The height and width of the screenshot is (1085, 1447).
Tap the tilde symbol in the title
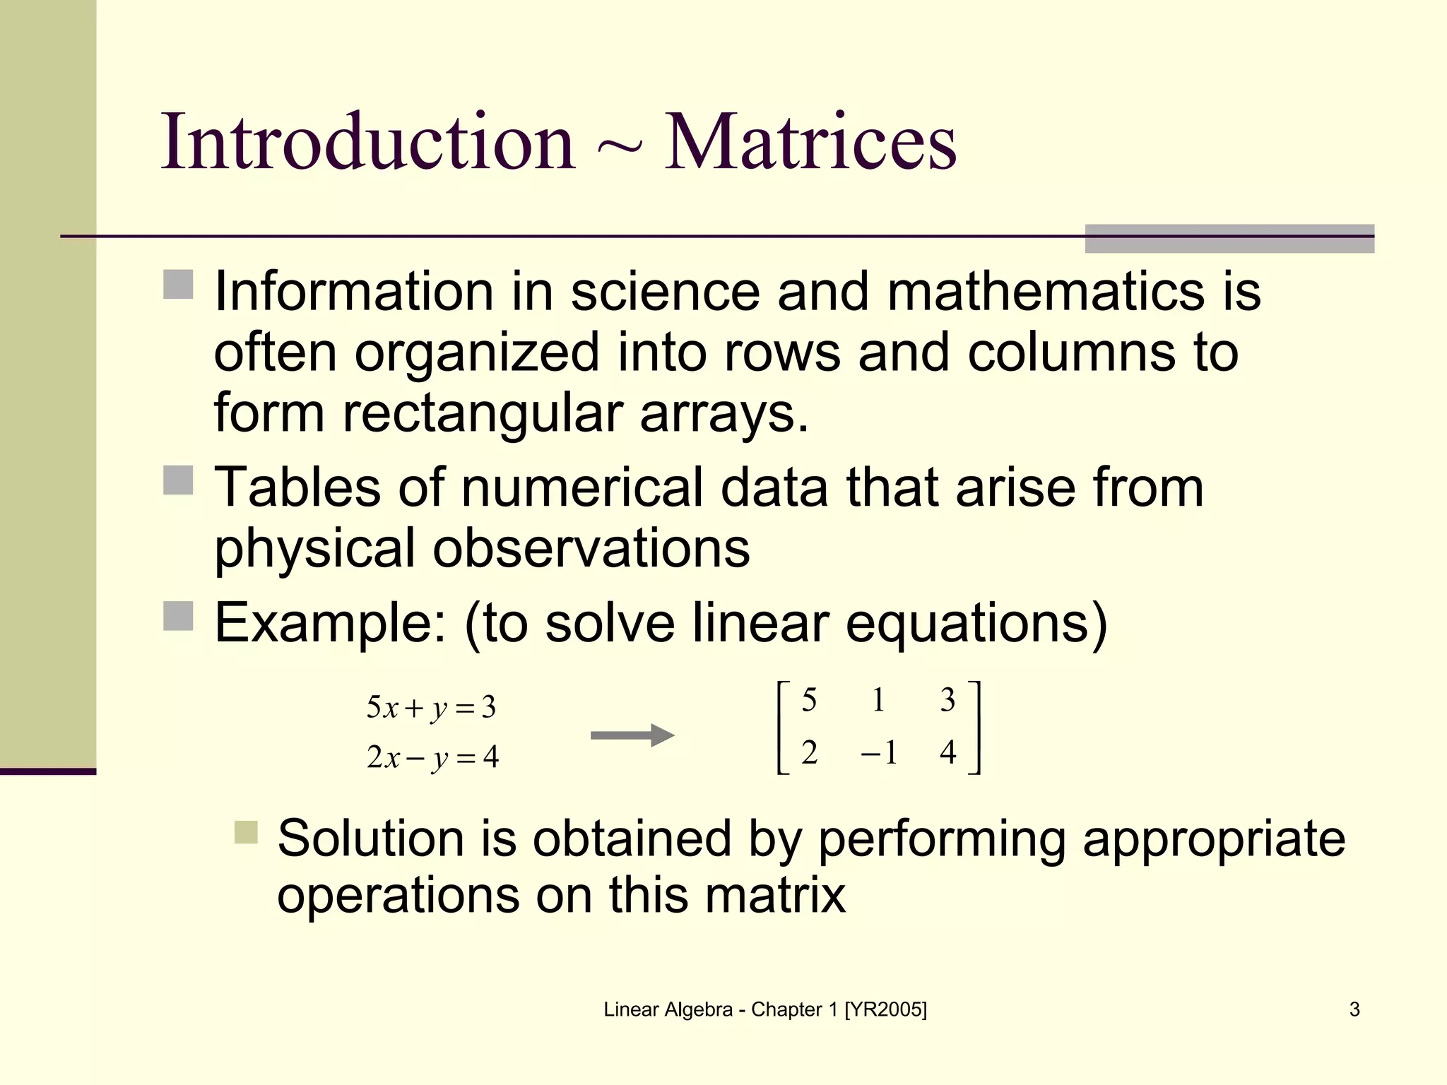pyautogui.click(x=619, y=147)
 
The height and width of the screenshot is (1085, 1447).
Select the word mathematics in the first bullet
pyautogui.click(x=1044, y=291)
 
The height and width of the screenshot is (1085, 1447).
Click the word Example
pyautogui.click(x=329, y=623)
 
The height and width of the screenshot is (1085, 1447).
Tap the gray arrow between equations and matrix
pyautogui.click(x=632, y=735)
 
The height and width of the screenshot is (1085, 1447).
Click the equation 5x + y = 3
pyautogui.click(x=431, y=707)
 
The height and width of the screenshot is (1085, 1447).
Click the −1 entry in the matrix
pyautogui.click(x=879, y=753)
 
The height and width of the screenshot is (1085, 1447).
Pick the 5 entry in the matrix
pyautogui.click(x=809, y=700)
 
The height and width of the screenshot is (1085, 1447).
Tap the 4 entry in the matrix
pyautogui.click(x=947, y=753)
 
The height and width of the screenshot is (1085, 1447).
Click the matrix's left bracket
pyautogui.click(x=782, y=728)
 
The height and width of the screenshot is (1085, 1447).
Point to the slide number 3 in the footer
pyautogui.click(x=1354, y=1009)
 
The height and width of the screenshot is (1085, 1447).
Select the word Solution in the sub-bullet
pyautogui.click(x=370, y=838)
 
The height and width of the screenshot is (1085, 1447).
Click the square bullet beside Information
pyautogui.click(x=178, y=285)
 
